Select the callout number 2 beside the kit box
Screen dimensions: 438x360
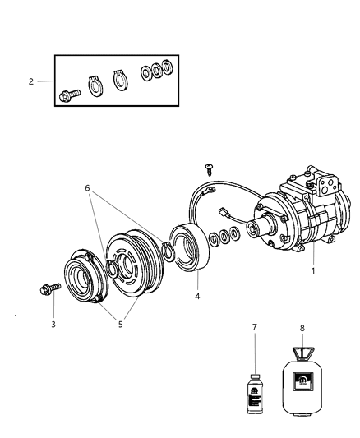pos(31,81)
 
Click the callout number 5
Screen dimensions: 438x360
pos(120,325)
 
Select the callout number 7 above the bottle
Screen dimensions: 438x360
pos(254,327)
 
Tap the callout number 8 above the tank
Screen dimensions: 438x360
pos(302,327)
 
